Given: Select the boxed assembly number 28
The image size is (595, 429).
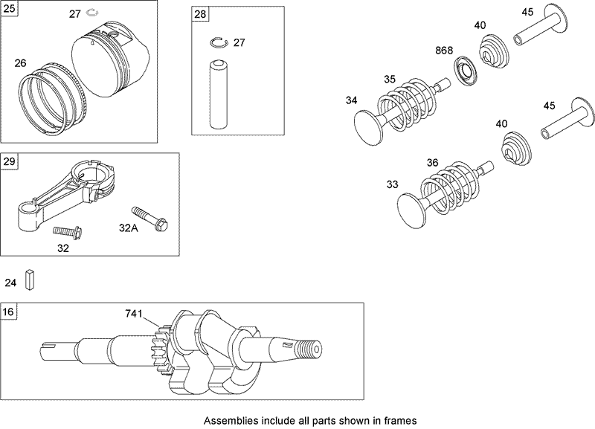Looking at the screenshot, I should (x=200, y=15).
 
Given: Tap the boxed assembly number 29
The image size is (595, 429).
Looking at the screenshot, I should (x=10, y=161).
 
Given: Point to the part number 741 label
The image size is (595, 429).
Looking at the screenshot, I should (x=133, y=315).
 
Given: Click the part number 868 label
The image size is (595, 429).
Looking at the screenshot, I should (x=444, y=51).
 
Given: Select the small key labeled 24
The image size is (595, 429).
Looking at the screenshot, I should (x=30, y=281).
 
